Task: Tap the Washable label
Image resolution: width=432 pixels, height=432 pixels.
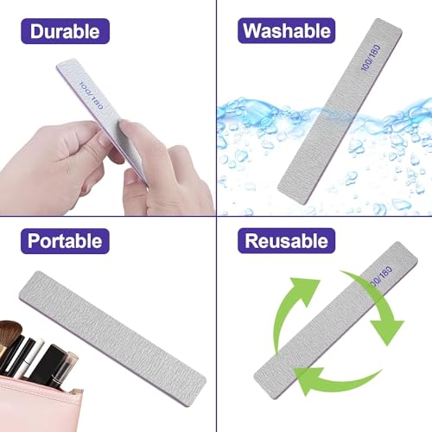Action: [286, 32]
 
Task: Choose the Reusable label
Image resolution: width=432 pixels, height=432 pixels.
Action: [286, 240]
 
